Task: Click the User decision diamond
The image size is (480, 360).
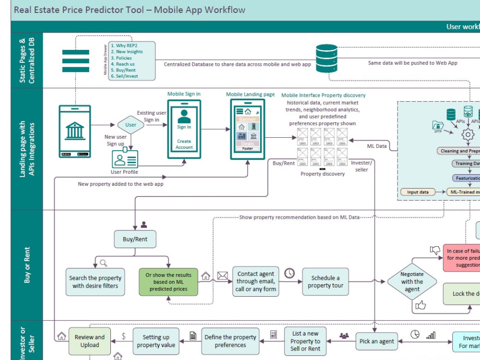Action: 131,125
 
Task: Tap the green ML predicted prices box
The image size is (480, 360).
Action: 168,282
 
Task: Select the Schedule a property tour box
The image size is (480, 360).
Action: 325,282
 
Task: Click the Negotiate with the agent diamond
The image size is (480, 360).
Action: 412,282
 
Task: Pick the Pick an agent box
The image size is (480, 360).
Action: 377,341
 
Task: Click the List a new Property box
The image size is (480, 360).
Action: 305,341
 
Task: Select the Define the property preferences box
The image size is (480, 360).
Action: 230,341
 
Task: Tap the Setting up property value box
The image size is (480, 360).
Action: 156,341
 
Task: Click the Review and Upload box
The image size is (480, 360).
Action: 89,341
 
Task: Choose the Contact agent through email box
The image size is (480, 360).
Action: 255,282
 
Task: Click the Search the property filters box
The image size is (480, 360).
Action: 95,282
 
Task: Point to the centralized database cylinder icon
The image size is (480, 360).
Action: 327,58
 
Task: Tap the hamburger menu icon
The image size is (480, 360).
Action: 76,61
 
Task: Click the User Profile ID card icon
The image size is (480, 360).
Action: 125,159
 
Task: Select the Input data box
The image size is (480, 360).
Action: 418,192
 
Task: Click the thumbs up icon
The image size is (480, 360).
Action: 421,305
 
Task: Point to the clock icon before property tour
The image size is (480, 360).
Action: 289,273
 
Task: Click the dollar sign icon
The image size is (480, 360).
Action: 123,336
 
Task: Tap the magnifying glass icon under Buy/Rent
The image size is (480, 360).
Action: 103,263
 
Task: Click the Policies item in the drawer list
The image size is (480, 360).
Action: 124,58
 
